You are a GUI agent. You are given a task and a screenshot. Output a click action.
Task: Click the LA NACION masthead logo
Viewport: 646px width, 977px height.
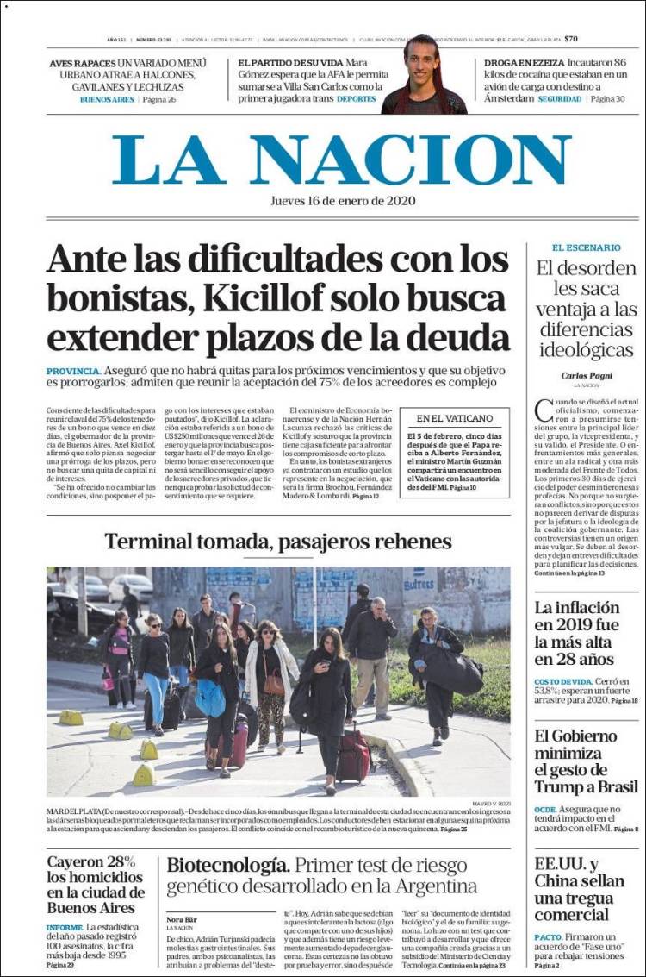[x=341, y=160]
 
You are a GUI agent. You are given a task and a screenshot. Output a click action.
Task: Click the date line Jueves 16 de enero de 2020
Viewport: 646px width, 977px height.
[x=342, y=200]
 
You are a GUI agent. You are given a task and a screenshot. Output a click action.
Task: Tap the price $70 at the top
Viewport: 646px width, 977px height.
[x=571, y=39]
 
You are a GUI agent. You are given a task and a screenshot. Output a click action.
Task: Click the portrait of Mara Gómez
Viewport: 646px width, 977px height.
[x=424, y=75]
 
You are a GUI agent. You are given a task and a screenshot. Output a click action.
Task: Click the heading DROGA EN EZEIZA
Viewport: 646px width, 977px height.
[x=524, y=63]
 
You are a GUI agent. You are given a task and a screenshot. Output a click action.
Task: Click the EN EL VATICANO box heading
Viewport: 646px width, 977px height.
[x=454, y=418]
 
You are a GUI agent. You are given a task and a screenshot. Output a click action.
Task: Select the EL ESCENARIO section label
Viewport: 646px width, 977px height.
[x=586, y=247]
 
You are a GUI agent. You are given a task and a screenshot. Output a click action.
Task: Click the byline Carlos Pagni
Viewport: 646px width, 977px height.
[x=586, y=375]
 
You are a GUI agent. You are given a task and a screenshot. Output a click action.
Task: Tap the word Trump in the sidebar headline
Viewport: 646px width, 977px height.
[x=560, y=786]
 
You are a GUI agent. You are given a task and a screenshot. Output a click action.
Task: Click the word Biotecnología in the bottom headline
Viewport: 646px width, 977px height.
[x=227, y=865]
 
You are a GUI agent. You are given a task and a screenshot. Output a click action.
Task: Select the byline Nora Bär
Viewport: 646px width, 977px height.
[x=182, y=919]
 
